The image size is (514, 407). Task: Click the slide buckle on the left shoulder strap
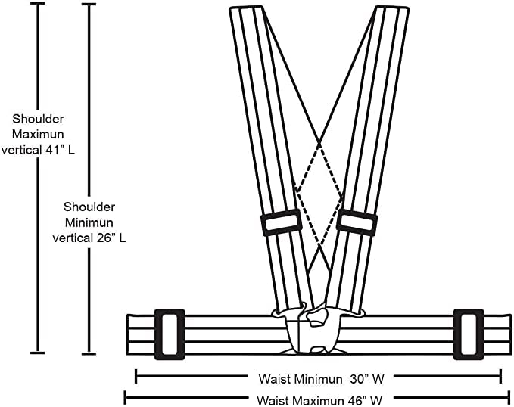pos(282,222)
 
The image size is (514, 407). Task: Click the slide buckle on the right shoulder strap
pos(357,222)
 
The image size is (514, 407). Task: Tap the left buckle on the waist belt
pos(170,334)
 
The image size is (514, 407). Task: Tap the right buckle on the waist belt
pos(469,334)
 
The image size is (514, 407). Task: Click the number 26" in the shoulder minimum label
pos(104,237)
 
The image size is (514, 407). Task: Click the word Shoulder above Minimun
pos(89,206)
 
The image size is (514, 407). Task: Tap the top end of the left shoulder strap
pos(247,9)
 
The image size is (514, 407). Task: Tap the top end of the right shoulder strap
pos(391,9)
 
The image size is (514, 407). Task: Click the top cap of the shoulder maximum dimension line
pos(36,5)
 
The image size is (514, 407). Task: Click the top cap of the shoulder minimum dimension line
pos(89,5)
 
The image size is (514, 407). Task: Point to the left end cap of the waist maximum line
pos(126,395)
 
